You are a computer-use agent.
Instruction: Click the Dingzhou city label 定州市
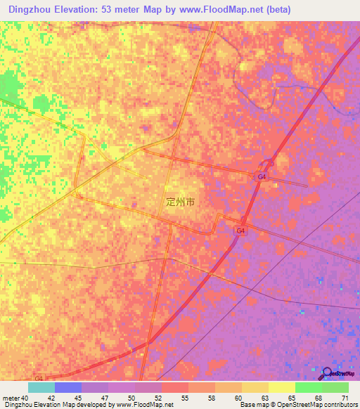(180, 201)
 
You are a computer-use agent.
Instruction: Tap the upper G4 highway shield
(262, 176)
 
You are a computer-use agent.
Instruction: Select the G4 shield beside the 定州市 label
(240, 230)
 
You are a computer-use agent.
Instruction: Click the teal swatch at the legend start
(41, 387)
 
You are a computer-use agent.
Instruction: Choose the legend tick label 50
(134, 398)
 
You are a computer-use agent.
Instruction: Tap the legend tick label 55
(188, 398)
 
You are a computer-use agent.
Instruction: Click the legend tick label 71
(345, 398)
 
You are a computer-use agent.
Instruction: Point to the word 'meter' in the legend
(11, 398)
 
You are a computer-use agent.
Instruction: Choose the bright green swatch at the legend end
(335, 387)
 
